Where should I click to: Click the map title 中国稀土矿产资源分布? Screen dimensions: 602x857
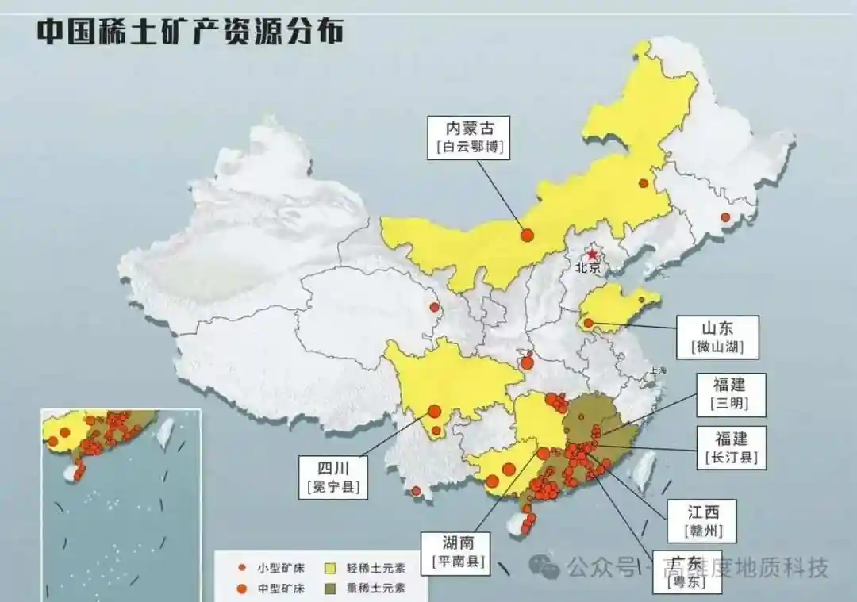pyautogui.click(x=190, y=33)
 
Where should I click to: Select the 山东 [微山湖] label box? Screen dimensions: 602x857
pyautogui.click(x=717, y=336)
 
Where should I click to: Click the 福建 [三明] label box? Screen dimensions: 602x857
pyautogui.click(x=729, y=394)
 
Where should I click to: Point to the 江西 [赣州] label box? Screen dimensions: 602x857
pyautogui.click(x=701, y=520)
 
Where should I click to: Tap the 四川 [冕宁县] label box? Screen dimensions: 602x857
pyautogui.click(x=333, y=477)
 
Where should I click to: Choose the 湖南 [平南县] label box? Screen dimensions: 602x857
pyautogui.click(x=457, y=553)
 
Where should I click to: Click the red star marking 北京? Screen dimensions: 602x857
pyautogui.click(x=591, y=254)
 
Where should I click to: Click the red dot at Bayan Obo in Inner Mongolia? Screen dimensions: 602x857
pyautogui.click(x=527, y=235)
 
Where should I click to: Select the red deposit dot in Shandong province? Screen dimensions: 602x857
pyautogui.click(x=589, y=323)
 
